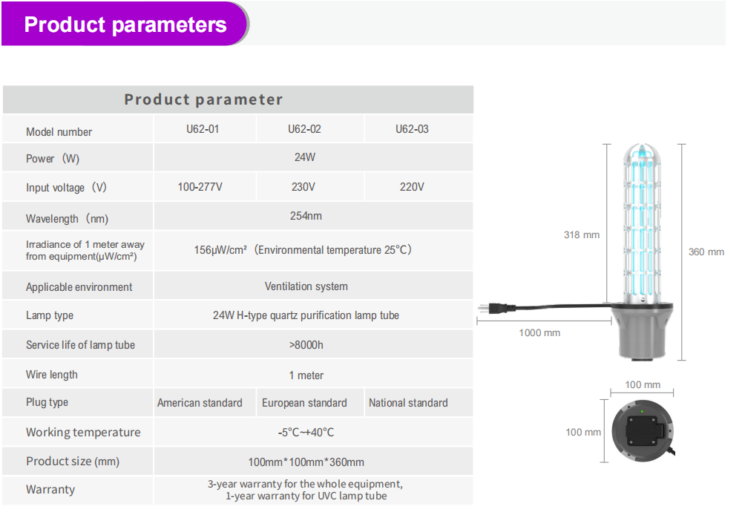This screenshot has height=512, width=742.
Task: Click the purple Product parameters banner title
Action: [125, 24]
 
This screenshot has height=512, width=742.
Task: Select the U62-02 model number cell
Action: [304, 128]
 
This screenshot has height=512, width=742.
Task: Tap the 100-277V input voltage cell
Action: [200, 187]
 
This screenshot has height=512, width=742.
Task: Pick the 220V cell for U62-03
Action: [412, 187]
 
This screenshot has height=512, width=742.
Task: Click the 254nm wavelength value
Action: [306, 216]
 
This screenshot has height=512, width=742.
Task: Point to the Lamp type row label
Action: [50, 315]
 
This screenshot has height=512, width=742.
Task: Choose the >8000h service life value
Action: [306, 345]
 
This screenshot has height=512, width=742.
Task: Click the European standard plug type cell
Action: [304, 403]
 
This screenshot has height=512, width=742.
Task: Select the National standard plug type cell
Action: [408, 403]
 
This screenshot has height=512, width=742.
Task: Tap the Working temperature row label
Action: [83, 432]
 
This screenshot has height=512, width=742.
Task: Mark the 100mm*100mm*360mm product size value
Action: [306, 462]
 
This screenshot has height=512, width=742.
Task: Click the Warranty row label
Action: [50, 489]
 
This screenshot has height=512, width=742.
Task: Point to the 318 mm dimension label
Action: [582, 234]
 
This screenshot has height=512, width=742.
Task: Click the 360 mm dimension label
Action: [706, 252]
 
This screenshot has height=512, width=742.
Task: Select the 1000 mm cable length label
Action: [539, 332]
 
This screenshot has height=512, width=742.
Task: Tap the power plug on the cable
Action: [496, 308]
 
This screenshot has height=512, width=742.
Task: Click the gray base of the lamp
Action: [642, 331]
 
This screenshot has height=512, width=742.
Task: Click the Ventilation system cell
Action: [306, 286]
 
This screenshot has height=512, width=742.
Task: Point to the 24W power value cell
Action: [305, 157]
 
